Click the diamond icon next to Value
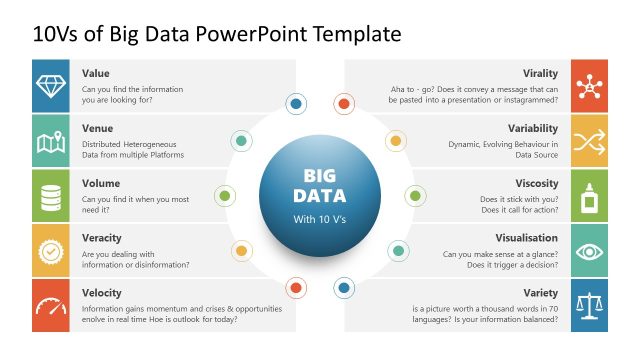pyautogui.click(x=51, y=85)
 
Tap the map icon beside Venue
pyautogui.click(x=51, y=141)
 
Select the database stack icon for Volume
pyautogui.click(x=51, y=195)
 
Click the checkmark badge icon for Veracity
pyautogui.click(x=51, y=250)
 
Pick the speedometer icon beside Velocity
pyautogui.click(x=51, y=305)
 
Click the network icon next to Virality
pyautogui.click(x=589, y=85)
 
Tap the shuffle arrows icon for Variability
pyautogui.click(x=589, y=141)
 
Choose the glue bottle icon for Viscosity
pyautogui.click(x=589, y=195)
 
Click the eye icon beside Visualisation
pyautogui.click(x=589, y=250)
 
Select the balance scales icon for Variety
pyautogui.click(x=589, y=305)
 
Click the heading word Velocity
pyautogui.click(x=102, y=293)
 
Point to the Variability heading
pyautogui.click(x=532, y=128)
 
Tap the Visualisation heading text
pyautogui.click(x=528, y=238)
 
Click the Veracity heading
pyautogui.click(x=102, y=238)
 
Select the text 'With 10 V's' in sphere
pyautogui.click(x=319, y=218)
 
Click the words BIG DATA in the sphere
pyautogui.click(x=319, y=183)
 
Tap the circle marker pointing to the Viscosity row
pyautogui.click(x=415, y=195)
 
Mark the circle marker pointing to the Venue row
pyautogui.click(x=241, y=141)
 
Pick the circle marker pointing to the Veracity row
pyautogui.click(x=241, y=250)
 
